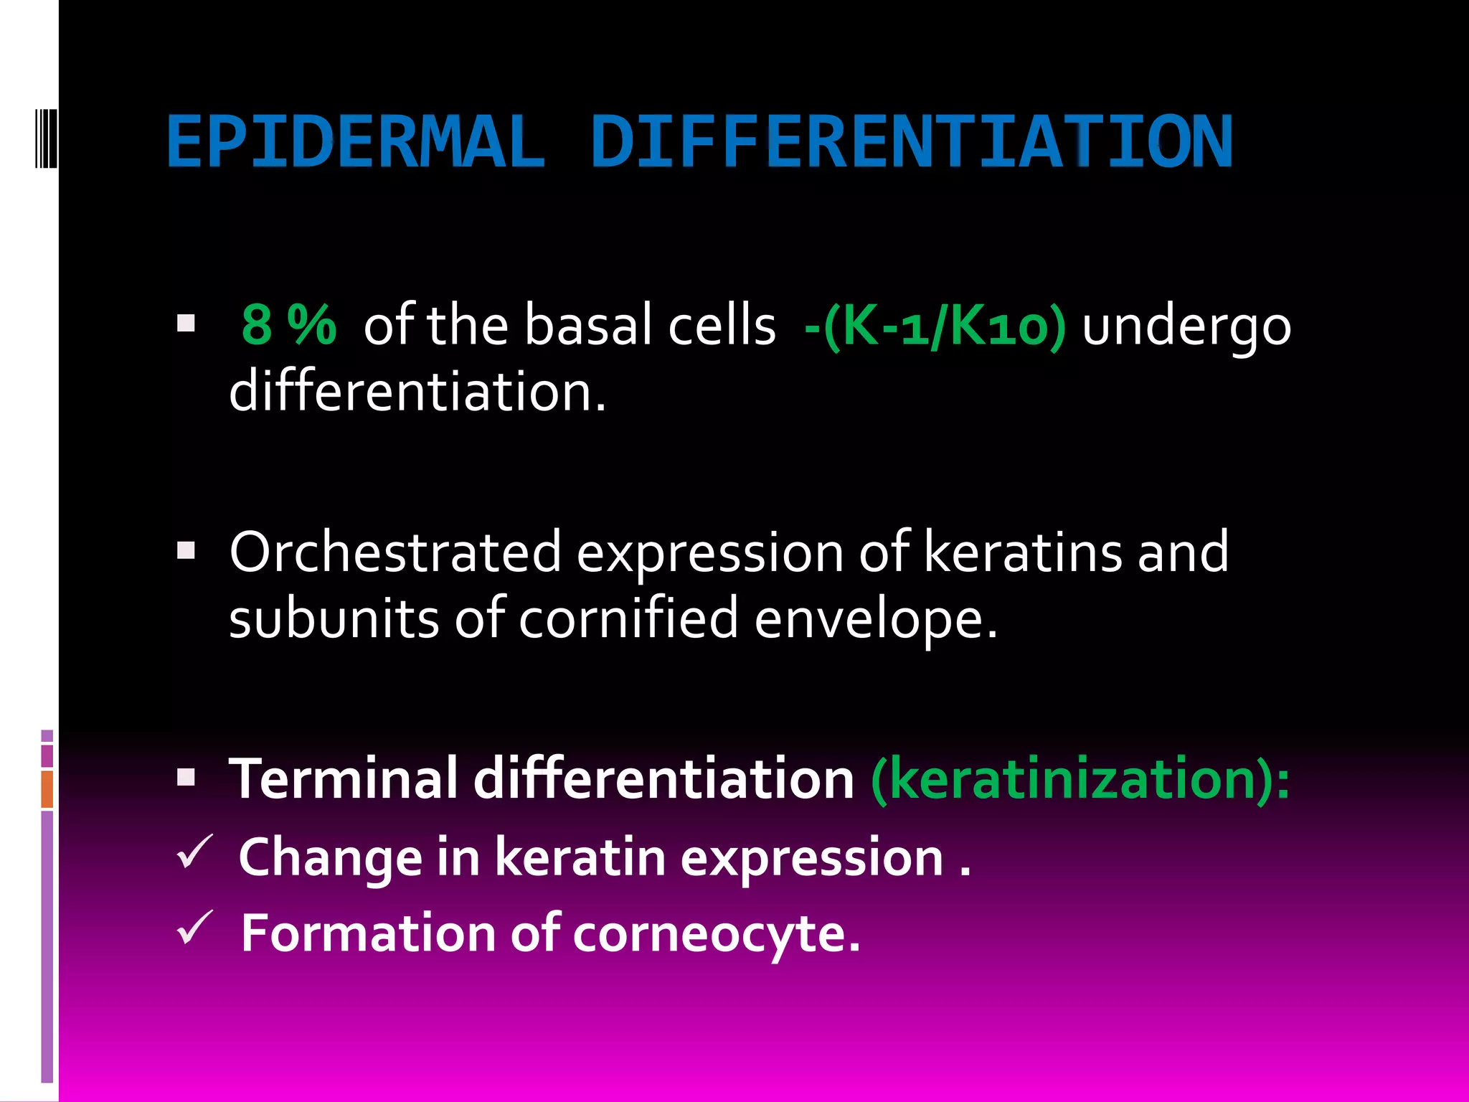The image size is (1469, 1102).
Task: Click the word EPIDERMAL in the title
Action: point(355,142)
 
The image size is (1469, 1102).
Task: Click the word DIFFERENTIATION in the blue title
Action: point(911,142)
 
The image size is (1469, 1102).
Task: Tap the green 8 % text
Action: point(289,325)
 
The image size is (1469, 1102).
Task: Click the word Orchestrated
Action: point(395,552)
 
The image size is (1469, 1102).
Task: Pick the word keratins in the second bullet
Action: point(1022,552)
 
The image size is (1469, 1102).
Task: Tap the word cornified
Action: point(628,618)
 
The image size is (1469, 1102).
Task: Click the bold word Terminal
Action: point(343,778)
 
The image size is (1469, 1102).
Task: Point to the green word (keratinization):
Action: point(1080,778)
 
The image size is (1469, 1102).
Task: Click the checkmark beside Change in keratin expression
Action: point(194,852)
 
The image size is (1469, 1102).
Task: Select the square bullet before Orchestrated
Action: point(186,550)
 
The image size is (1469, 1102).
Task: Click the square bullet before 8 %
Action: point(186,324)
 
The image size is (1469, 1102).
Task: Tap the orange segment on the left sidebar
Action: point(47,789)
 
